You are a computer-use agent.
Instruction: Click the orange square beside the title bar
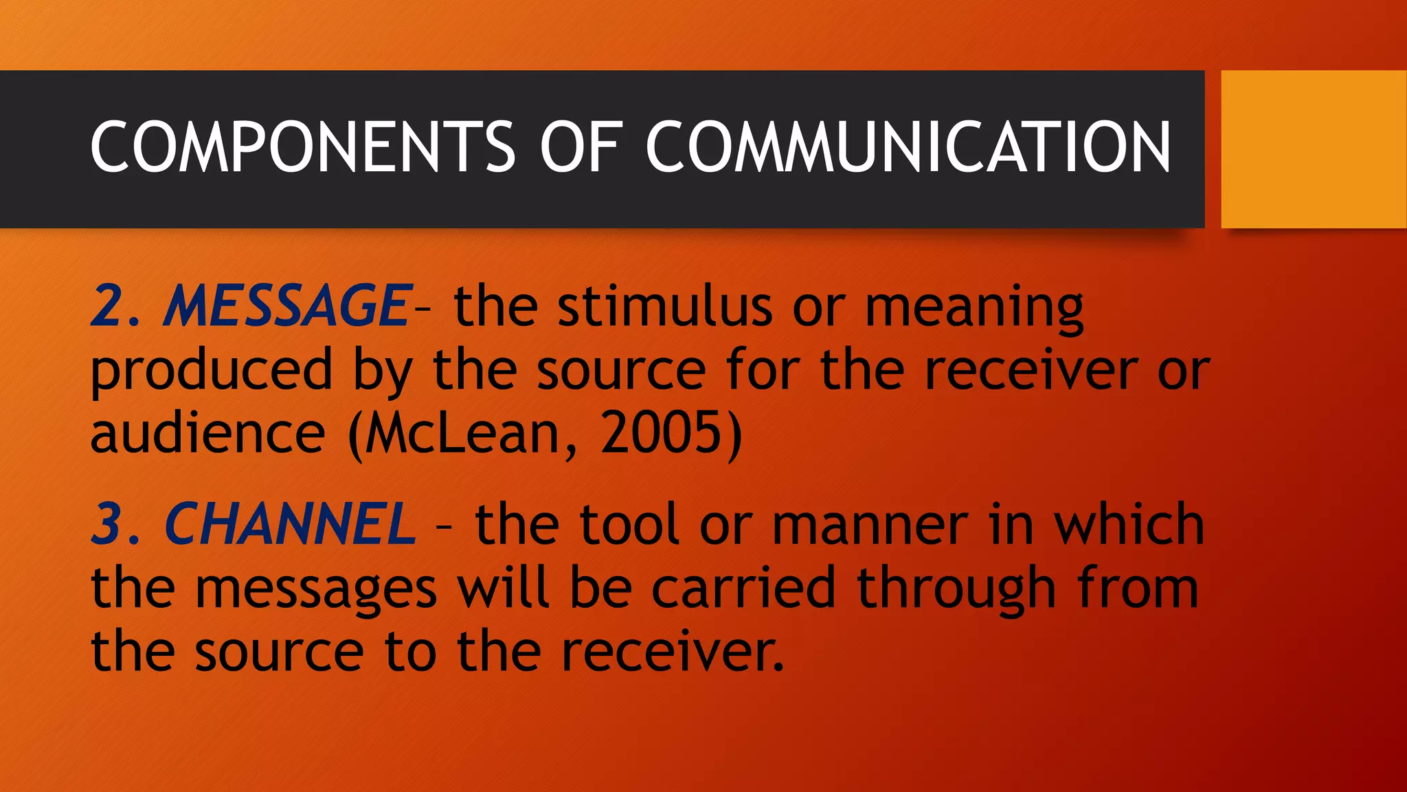[x=1314, y=148]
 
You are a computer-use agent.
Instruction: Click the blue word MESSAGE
[x=287, y=306]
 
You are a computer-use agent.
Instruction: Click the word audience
[x=207, y=434]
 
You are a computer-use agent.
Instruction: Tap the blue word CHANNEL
[x=290, y=525]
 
